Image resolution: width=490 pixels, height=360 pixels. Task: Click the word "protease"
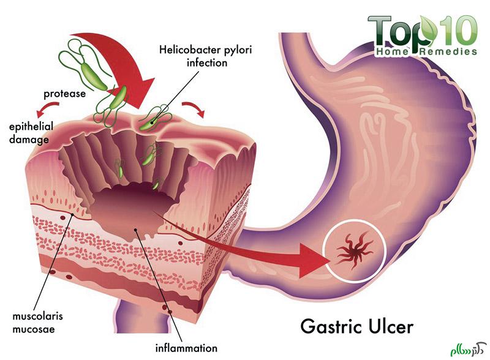point(65,94)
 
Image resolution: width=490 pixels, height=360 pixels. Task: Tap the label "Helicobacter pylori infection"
point(206,56)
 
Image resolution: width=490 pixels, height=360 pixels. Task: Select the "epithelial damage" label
point(31,133)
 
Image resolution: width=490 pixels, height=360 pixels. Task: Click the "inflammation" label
point(186,348)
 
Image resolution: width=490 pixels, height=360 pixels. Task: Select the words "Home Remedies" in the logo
point(426,51)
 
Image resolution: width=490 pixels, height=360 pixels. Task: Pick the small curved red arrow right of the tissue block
point(194,109)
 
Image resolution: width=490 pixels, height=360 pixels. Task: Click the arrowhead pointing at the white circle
point(314,260)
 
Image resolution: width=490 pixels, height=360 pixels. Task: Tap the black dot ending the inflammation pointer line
point(135,230)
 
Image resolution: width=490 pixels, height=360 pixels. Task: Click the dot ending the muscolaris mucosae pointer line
point(72,214)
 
